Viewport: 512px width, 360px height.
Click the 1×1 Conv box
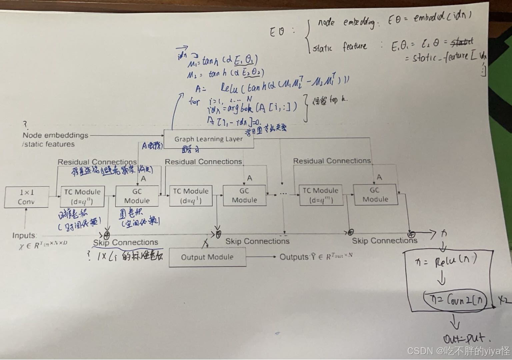[26, 197]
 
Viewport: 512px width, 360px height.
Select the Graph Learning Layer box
[208, 139]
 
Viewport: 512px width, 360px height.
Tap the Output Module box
[207, 257]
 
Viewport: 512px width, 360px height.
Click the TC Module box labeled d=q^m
[321, 195]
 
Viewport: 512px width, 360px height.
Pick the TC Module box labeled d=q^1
[191, 196]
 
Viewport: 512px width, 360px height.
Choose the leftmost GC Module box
[137, 196]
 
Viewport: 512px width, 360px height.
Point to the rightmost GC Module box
[375, 195]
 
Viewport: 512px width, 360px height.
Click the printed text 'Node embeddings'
[55, 135]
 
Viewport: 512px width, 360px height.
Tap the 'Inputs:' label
[25, 235]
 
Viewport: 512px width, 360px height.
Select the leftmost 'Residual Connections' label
[97, 162]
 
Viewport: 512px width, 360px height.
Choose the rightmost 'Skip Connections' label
[384, 241]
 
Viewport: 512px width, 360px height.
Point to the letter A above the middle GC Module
[249, 178]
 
